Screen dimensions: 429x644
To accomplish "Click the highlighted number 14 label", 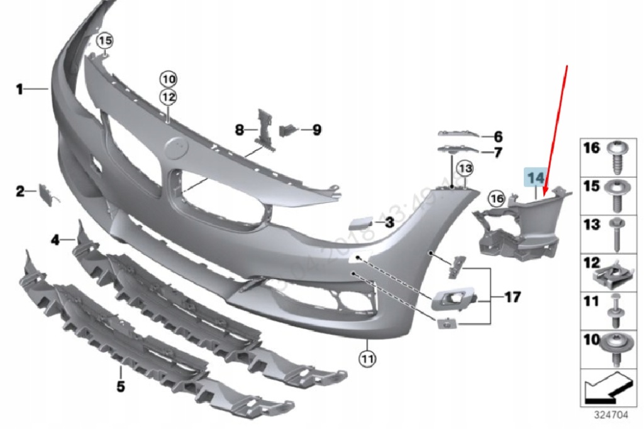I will click(535, 178).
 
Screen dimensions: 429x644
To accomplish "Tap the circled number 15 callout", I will click(104, 41).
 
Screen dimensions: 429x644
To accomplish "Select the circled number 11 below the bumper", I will click(367, 359).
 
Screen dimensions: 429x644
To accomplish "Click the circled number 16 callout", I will click(497, 198).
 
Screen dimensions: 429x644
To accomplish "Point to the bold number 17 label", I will click(513, 296).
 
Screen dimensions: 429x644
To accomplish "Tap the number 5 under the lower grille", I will click(120, 386).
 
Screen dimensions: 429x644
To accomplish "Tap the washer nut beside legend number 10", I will click(616, 344).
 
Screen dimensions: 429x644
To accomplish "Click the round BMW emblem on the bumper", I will click(175, 149).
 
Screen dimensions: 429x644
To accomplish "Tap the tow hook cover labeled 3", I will click(358, 222).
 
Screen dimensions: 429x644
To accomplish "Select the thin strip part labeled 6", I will click(459, 134).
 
